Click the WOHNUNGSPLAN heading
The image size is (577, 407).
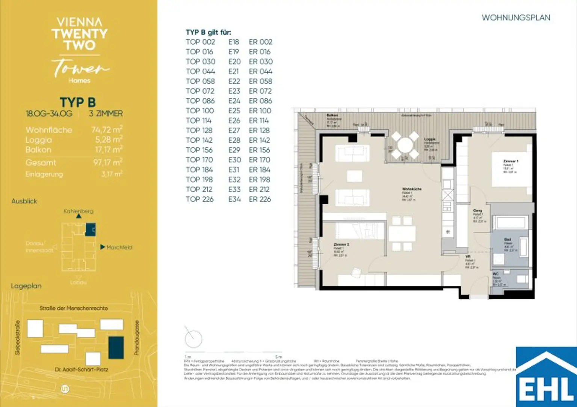tap(515, 18)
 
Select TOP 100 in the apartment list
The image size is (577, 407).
tap(199, 111)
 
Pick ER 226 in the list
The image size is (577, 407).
tap(260, 199)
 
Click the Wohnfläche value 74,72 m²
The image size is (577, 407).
tap(107, 130)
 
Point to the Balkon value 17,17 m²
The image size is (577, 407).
tap(107, 150)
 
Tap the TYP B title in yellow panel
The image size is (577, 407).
tap(78, 102)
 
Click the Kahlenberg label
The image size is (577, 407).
tap(78, 211)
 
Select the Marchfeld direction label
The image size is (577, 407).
tap(119, 247)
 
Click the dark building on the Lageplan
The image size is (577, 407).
tap(116, 347)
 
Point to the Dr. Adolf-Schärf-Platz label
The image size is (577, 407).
tap(81, 369)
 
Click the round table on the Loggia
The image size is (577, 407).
tap(405, 145)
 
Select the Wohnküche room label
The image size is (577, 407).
tap(412, 189)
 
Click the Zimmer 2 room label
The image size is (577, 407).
tap(341, 245)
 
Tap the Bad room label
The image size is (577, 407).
tap(508, 239)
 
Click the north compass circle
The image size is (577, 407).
tap(193, 339)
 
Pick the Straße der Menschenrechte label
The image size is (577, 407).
tap(74, 308)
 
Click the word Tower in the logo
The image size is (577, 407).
tap(80, 68)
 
